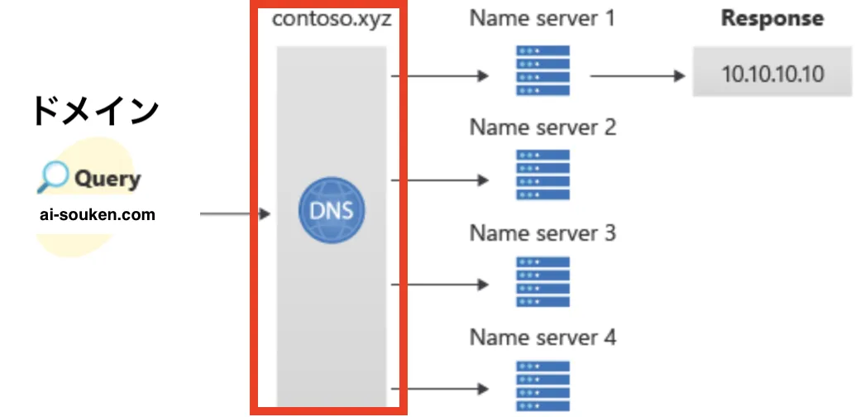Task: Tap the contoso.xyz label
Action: (x=332, y=17)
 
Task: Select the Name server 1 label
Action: (x=542, y=17)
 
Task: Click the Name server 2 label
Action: (x=542, y=127)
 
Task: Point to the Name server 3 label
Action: (x=542, y=232)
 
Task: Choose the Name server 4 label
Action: (x=542, y=338)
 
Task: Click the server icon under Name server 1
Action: (x=542, y=69)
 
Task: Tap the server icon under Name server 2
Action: (x=542, y=175)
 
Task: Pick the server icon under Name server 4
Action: (x=542, y=385)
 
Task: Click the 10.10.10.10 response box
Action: (x=772, y=74)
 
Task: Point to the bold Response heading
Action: (x=772, y=18)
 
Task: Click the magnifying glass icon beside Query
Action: (x=53, y=176)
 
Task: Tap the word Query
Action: (x=107, y=179)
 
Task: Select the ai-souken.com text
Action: (x=97, y=215)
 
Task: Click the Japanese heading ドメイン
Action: (x=95, y=111)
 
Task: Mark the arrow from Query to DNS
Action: (x=236, y=215)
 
